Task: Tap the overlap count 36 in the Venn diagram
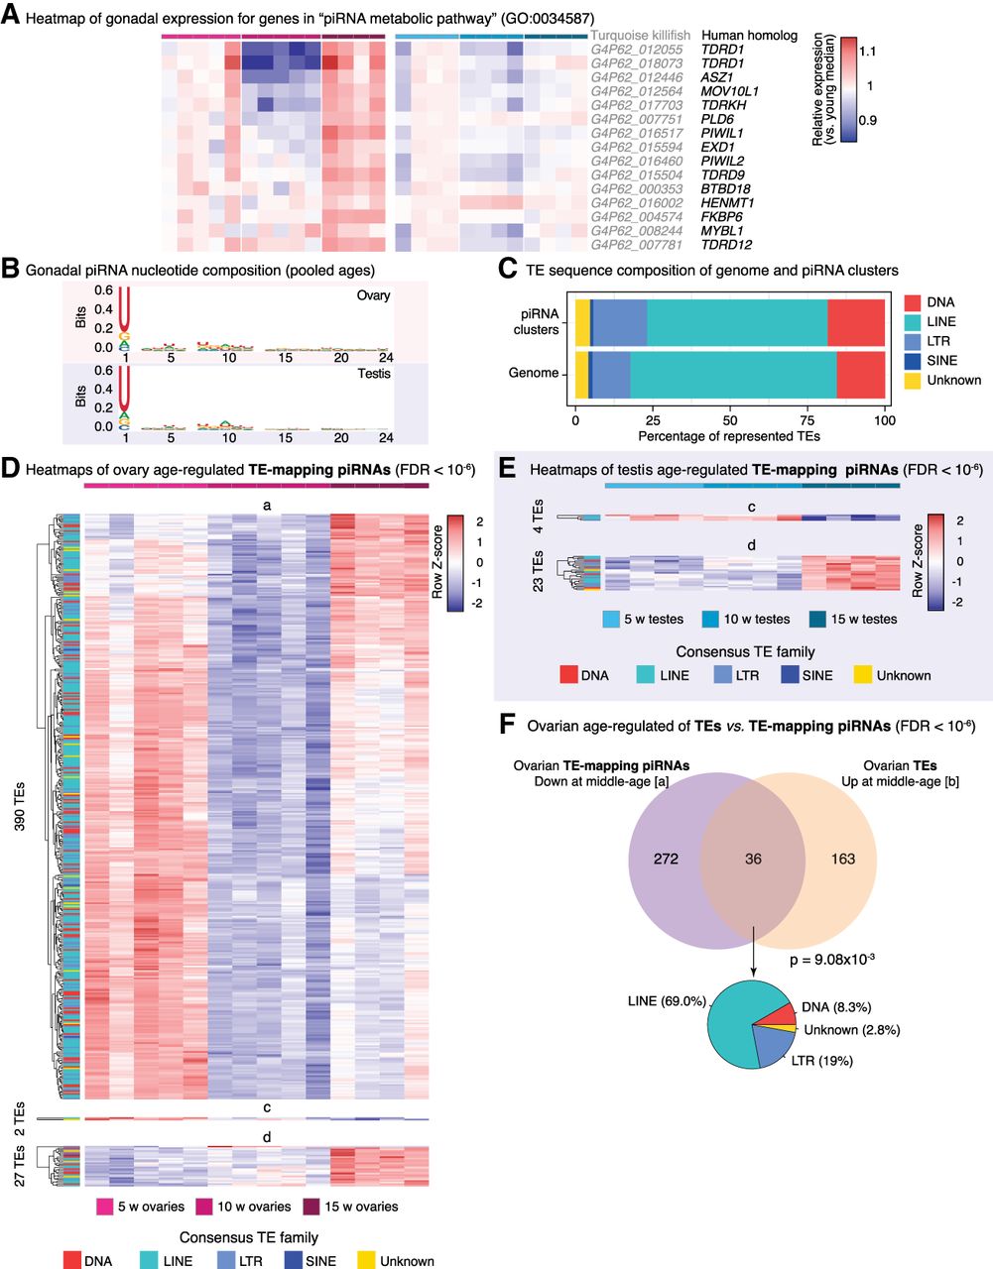click(x=753, y=859)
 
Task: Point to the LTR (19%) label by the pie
click(x=822, y=1061)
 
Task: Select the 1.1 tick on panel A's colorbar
click(x=867, y=51)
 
